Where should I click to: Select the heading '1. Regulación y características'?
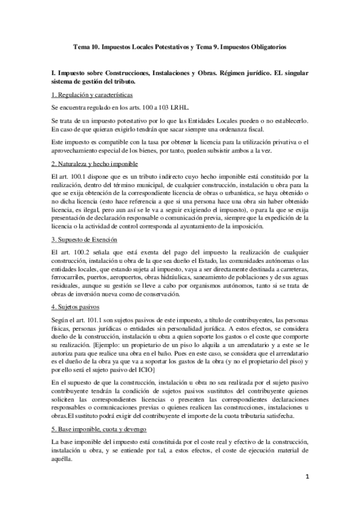pyautogui.click(x=92, y=96)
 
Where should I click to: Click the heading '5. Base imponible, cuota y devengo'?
pyautogui.click(x=97, y=414)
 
